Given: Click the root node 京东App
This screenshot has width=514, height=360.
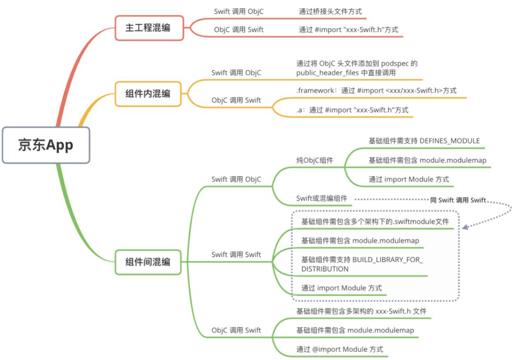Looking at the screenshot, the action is tap(46, 145).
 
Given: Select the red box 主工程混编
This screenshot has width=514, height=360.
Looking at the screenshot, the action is tap(149, 28).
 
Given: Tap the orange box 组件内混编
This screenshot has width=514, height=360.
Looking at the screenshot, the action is tap(148, 94).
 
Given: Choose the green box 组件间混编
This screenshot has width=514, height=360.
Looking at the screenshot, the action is tap(148, 262).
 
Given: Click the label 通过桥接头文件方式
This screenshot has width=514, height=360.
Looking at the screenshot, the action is tap(330, 11).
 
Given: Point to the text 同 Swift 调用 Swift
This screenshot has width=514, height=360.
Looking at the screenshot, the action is tap(458, 200).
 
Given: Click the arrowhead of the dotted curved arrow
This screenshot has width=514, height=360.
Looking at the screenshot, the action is tap(465, 227).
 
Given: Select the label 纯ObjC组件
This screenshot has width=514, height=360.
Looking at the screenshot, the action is tap(315, 160).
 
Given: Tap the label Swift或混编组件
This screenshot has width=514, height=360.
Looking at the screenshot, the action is tap(322, 199).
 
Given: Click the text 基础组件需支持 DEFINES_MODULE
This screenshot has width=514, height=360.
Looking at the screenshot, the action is tap(424, 141).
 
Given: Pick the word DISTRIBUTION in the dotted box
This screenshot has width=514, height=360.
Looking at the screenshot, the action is tap(325, 269).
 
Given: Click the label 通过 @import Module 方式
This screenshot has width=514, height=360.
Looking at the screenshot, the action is tap(340, 350).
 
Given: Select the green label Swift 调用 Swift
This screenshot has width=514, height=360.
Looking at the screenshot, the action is tap(236, 254).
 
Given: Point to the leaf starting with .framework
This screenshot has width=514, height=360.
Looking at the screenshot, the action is tap(376, 90).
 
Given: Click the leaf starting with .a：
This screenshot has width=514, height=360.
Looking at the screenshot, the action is tap(352, 110).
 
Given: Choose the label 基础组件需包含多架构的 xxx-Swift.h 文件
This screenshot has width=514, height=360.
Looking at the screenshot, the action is tap(362, 311).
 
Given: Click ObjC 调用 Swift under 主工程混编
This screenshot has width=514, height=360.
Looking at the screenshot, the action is tap(238, 30).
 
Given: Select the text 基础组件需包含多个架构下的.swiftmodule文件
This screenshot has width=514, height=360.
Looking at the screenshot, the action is tap(375, 221).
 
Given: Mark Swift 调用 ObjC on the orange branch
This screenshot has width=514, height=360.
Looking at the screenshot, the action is tap(236, 73).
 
